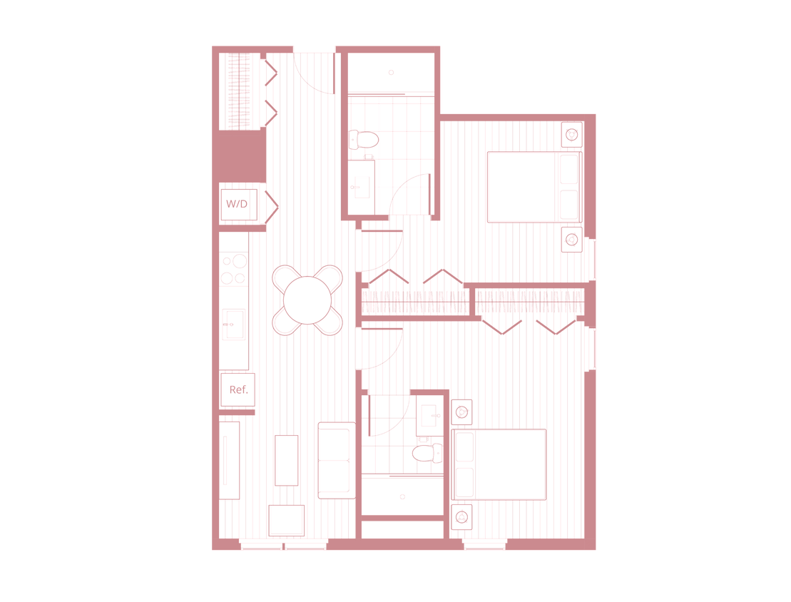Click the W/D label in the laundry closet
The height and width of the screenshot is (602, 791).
tap(237, 205)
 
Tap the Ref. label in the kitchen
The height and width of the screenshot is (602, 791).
tap(238, 389)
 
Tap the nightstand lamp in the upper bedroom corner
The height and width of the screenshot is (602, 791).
tap(572, 133)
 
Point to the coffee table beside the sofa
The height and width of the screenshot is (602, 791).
tap(286, 460)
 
